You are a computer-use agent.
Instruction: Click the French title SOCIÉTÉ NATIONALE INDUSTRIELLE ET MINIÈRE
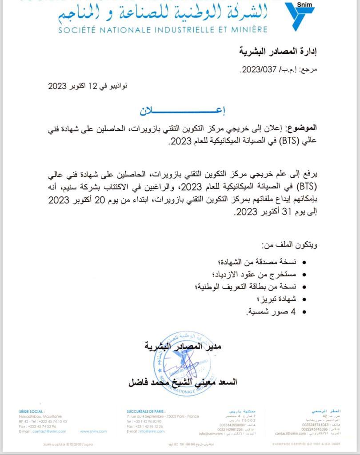tap(163, 30)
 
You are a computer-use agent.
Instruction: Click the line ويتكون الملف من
tap(290, 245)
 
